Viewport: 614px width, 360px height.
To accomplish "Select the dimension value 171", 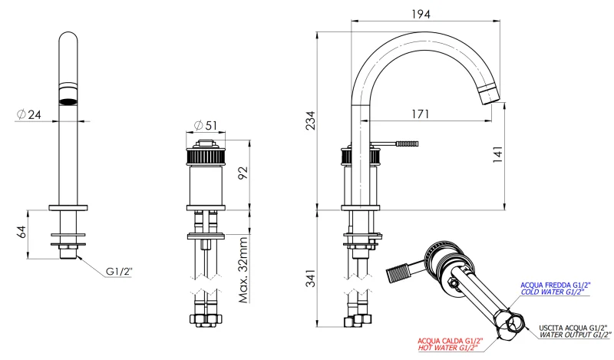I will coord(419,114).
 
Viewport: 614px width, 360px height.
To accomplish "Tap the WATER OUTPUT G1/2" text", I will coord(575,335).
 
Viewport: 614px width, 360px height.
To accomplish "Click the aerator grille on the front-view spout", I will coord(68,97).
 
